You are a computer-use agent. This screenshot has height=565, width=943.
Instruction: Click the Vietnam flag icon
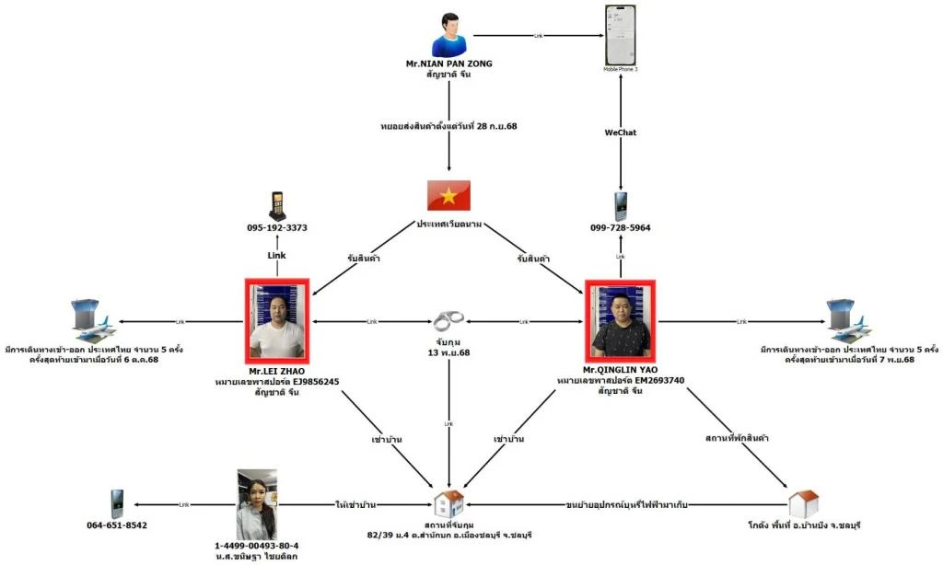point(448,195)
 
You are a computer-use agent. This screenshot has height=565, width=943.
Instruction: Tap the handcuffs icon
point(448,321)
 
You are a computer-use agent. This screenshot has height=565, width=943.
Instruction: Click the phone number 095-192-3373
point(277,227)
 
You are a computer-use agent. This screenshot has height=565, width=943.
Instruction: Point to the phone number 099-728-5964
point(622,227)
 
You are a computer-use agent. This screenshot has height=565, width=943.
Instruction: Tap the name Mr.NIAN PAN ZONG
point(448,63)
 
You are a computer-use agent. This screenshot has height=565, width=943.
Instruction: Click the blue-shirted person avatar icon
point(448,35)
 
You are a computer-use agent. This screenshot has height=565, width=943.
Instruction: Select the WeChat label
point(621,133)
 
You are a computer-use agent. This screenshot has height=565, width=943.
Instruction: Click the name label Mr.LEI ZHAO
point(277,371)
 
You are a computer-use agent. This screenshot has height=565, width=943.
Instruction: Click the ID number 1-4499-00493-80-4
point(256,545)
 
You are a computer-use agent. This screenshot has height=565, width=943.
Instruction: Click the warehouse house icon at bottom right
point(803,503)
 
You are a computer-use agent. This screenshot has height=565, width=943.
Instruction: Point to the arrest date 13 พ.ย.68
point(448,352)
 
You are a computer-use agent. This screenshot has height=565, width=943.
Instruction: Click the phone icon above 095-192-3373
point(277,205)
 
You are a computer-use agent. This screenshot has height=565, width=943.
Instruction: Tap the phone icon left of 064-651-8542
point(116,503)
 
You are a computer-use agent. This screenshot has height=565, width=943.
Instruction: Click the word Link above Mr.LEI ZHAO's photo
point(277,254)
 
